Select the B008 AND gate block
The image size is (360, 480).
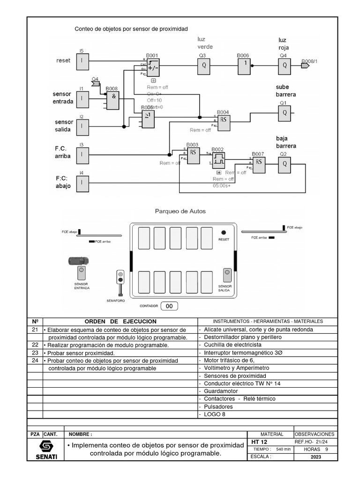click(112, 100)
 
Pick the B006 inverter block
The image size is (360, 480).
click(244, 66)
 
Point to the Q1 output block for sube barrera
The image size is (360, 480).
click(284, 113)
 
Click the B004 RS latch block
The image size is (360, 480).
click(223, 119)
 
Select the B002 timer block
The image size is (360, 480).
click(218, 160)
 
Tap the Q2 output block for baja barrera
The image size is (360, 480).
click(284, 164)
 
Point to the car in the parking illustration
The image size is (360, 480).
click(77, 261)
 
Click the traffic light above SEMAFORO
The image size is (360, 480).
click(120, 280)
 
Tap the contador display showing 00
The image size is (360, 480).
click(170, 306)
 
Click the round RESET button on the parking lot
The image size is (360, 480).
click(224, 232)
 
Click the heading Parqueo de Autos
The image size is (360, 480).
click(180, 211)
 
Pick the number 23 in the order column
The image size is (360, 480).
click(35, 352)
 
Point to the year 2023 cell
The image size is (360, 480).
click(315, 457)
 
